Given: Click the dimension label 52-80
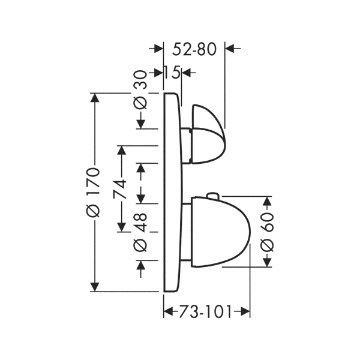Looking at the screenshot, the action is [x=194, y=49].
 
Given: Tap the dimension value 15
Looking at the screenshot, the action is [x=172, y=73].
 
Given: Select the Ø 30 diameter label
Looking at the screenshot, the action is [x=140, y=90].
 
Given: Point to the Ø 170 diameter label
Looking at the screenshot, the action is [x=93, y=192].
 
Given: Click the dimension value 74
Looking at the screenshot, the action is [x=119, y=189].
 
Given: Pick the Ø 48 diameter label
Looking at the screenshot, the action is [x=140, y=232].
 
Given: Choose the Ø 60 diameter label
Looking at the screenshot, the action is [x=267, y=232].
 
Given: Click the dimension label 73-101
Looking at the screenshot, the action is [x=205, y=312].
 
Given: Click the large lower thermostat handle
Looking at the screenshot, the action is [x=221, y=232].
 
